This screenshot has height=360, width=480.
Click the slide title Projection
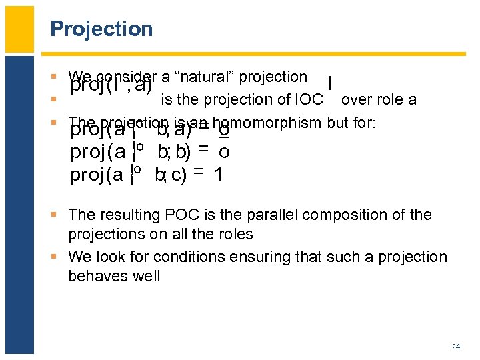[101, 29]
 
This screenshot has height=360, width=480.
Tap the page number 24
[456, 347]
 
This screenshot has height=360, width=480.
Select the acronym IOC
[309, 100]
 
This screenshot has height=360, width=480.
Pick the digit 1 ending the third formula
[218, 175]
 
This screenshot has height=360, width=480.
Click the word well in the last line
[147, 276]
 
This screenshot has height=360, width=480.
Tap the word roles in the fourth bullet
[231, 234]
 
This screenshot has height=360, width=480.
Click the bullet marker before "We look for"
[60, 257]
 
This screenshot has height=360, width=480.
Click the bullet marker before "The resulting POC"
[60, 215]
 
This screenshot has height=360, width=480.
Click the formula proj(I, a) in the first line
[111, 86]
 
